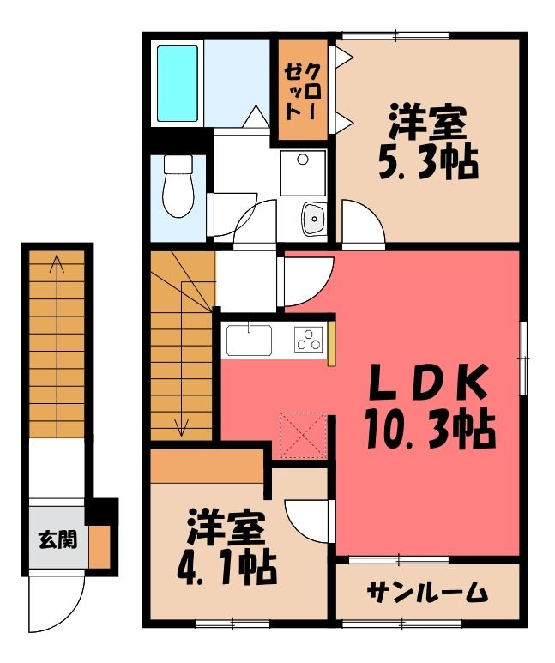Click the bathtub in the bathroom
click(178, 83)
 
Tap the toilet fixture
click(178, 186)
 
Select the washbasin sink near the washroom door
click(313, 218)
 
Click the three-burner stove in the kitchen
click(308, 340)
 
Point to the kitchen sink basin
click(249, 341)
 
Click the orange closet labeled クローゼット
click(302, 90)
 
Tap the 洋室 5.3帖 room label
click(427, 144)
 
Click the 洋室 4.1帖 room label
click(226, 547)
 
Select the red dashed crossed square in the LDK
click(303, 435)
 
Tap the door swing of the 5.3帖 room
click(364, 221)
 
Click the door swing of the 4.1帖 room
click(308, 521)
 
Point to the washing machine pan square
click(303, 172)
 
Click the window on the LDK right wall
click(524, 359)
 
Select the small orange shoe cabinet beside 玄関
click(100, 547)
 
